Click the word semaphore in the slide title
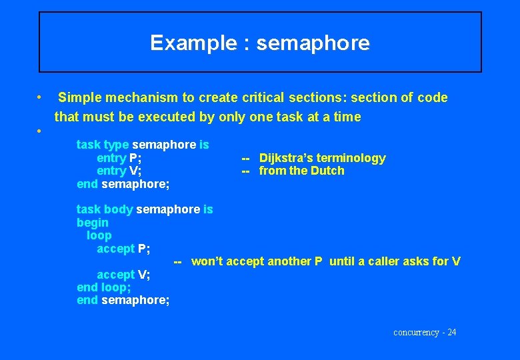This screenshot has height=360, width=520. point(313,43)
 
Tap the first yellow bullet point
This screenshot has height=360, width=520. point(41,97)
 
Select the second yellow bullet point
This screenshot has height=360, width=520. point(41,131)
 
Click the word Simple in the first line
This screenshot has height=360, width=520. point(81,98)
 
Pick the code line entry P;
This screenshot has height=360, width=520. point(119,158)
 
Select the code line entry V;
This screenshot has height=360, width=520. point(119,171)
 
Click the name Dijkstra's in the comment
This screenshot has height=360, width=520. point(285,158)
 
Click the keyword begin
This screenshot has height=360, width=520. point(92,223)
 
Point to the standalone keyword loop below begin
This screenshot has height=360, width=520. point(99,235)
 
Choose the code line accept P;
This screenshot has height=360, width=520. point(123,249)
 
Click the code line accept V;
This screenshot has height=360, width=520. point(123,275)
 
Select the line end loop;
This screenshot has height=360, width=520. point(103,287)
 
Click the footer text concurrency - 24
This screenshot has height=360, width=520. point(425,332)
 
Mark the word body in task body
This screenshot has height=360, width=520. point(118,209)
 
